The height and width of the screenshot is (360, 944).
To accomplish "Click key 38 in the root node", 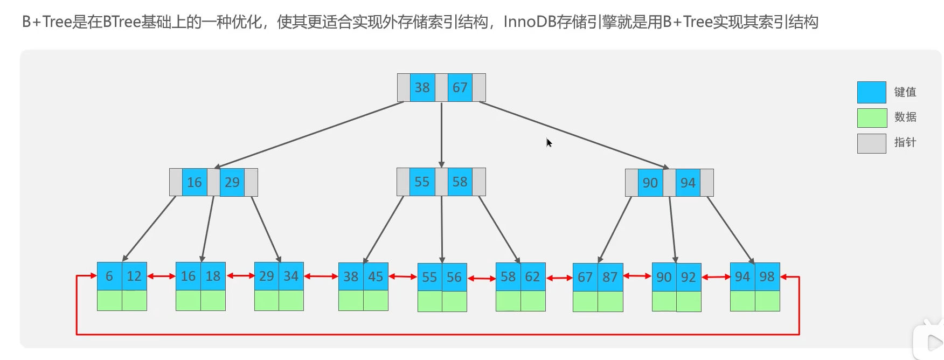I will click(422, 88).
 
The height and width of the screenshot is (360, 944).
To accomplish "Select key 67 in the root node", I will click(460, 88).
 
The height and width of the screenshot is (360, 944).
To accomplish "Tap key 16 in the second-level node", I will click(195, 183).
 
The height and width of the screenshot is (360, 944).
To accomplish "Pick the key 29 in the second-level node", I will click(232, 183).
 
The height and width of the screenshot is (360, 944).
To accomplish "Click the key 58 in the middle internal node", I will click(460, 182).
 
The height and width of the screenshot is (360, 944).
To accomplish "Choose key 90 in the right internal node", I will click(650, 183).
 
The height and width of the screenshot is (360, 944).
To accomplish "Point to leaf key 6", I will click(109, 276).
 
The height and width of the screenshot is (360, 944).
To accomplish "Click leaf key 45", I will click(376, 277).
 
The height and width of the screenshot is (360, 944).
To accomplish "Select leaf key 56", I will click(454, 278).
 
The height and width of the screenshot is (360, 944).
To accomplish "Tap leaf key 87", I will click(610, 278).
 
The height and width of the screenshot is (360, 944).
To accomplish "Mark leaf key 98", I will click(767, 277).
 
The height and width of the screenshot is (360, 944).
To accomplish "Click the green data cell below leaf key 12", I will click(134, 301).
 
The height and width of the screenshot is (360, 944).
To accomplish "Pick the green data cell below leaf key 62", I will click(533, 301).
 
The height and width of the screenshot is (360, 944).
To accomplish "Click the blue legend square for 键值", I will click(871, 92).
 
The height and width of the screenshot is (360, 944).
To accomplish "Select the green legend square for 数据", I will click(871, 117).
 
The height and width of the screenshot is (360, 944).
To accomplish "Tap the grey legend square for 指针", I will click(871, 143).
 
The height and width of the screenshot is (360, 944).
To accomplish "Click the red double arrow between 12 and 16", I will click(161, 276).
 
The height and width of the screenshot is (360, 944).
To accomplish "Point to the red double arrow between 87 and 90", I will click(637, 276).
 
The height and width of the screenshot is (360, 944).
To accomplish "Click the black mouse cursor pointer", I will click(549, 142).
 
